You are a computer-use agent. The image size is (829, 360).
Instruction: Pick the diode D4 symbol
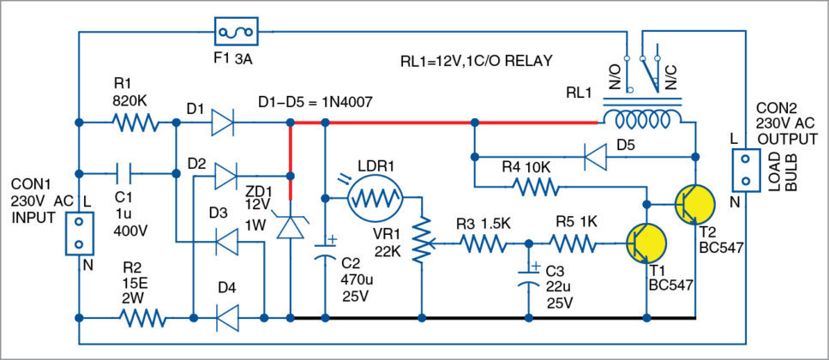pos(225,317)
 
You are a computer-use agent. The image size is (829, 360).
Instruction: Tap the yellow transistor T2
pos(694,204)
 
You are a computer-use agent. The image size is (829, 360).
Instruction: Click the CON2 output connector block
pos(744,170)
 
